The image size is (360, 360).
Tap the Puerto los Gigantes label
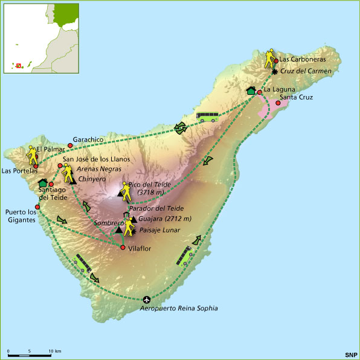[x=21, y=216]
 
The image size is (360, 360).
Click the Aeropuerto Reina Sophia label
[x=178, y=309]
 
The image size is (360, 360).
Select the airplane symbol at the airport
[x=147, y=300]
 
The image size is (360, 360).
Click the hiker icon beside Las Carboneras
[x=269, y=58]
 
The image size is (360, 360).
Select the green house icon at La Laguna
[x=251, y=91]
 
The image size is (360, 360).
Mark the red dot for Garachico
[x=70, y=146]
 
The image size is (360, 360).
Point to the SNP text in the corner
[x=351, y=354]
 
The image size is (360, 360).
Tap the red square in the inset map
[x=19, y=65]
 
